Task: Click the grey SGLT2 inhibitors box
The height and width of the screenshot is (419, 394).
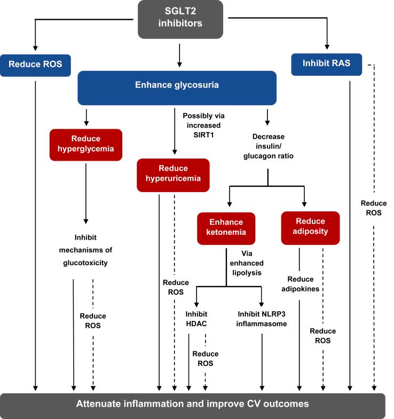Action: tap(180, 19)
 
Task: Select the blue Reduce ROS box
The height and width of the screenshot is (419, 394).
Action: tap(35, 66)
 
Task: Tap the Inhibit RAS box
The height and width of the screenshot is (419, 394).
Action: tap(326, 65)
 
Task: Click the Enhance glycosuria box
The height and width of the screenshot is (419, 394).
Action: tap(177, 88)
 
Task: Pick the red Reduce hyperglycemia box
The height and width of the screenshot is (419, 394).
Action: tap(86, 145)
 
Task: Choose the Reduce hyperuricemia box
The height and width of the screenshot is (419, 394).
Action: tap(173, 175)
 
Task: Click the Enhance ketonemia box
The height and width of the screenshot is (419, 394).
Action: tap(226, 228)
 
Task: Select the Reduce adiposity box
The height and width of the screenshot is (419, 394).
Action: tap(310, 228)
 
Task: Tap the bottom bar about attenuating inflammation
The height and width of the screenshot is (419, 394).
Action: tap(192, 406)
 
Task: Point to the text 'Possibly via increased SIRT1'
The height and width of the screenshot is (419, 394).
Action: tap(204, 125)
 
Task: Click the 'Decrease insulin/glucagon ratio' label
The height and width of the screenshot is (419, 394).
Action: tap(269, 146)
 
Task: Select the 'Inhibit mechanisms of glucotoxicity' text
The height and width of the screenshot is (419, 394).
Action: tap(85, 250)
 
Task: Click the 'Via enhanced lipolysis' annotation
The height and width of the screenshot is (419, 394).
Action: tap(247, 263)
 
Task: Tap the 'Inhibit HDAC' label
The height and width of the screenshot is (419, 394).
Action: tap(196, 319)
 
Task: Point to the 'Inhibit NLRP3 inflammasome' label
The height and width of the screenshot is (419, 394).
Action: tap(262, 319)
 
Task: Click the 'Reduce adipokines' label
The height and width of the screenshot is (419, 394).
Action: tap(300, 284)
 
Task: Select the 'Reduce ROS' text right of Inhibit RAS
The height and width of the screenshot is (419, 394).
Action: tap(374, 208)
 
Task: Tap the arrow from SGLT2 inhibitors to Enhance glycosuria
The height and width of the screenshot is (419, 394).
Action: tap(179, 56)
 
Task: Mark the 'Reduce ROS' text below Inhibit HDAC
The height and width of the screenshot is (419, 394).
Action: tap(206, 359)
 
